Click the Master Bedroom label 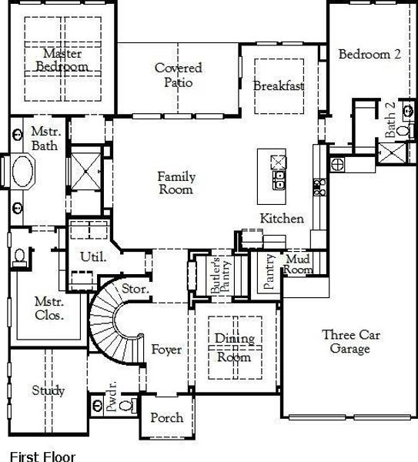tap(62, 60)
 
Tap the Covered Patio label tap(178, 75)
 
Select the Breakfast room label tap(279, 85)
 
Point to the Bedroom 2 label tap(370, 55)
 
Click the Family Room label tap(176, 183)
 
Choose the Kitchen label tap(281, 219)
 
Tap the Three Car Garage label tap(352, 343)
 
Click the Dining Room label tap(232, 348)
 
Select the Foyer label tap(166, 350)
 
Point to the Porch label tap(166, 418)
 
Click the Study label tap(48, 390)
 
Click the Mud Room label tap(298, 264)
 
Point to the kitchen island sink tap(279, 180)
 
